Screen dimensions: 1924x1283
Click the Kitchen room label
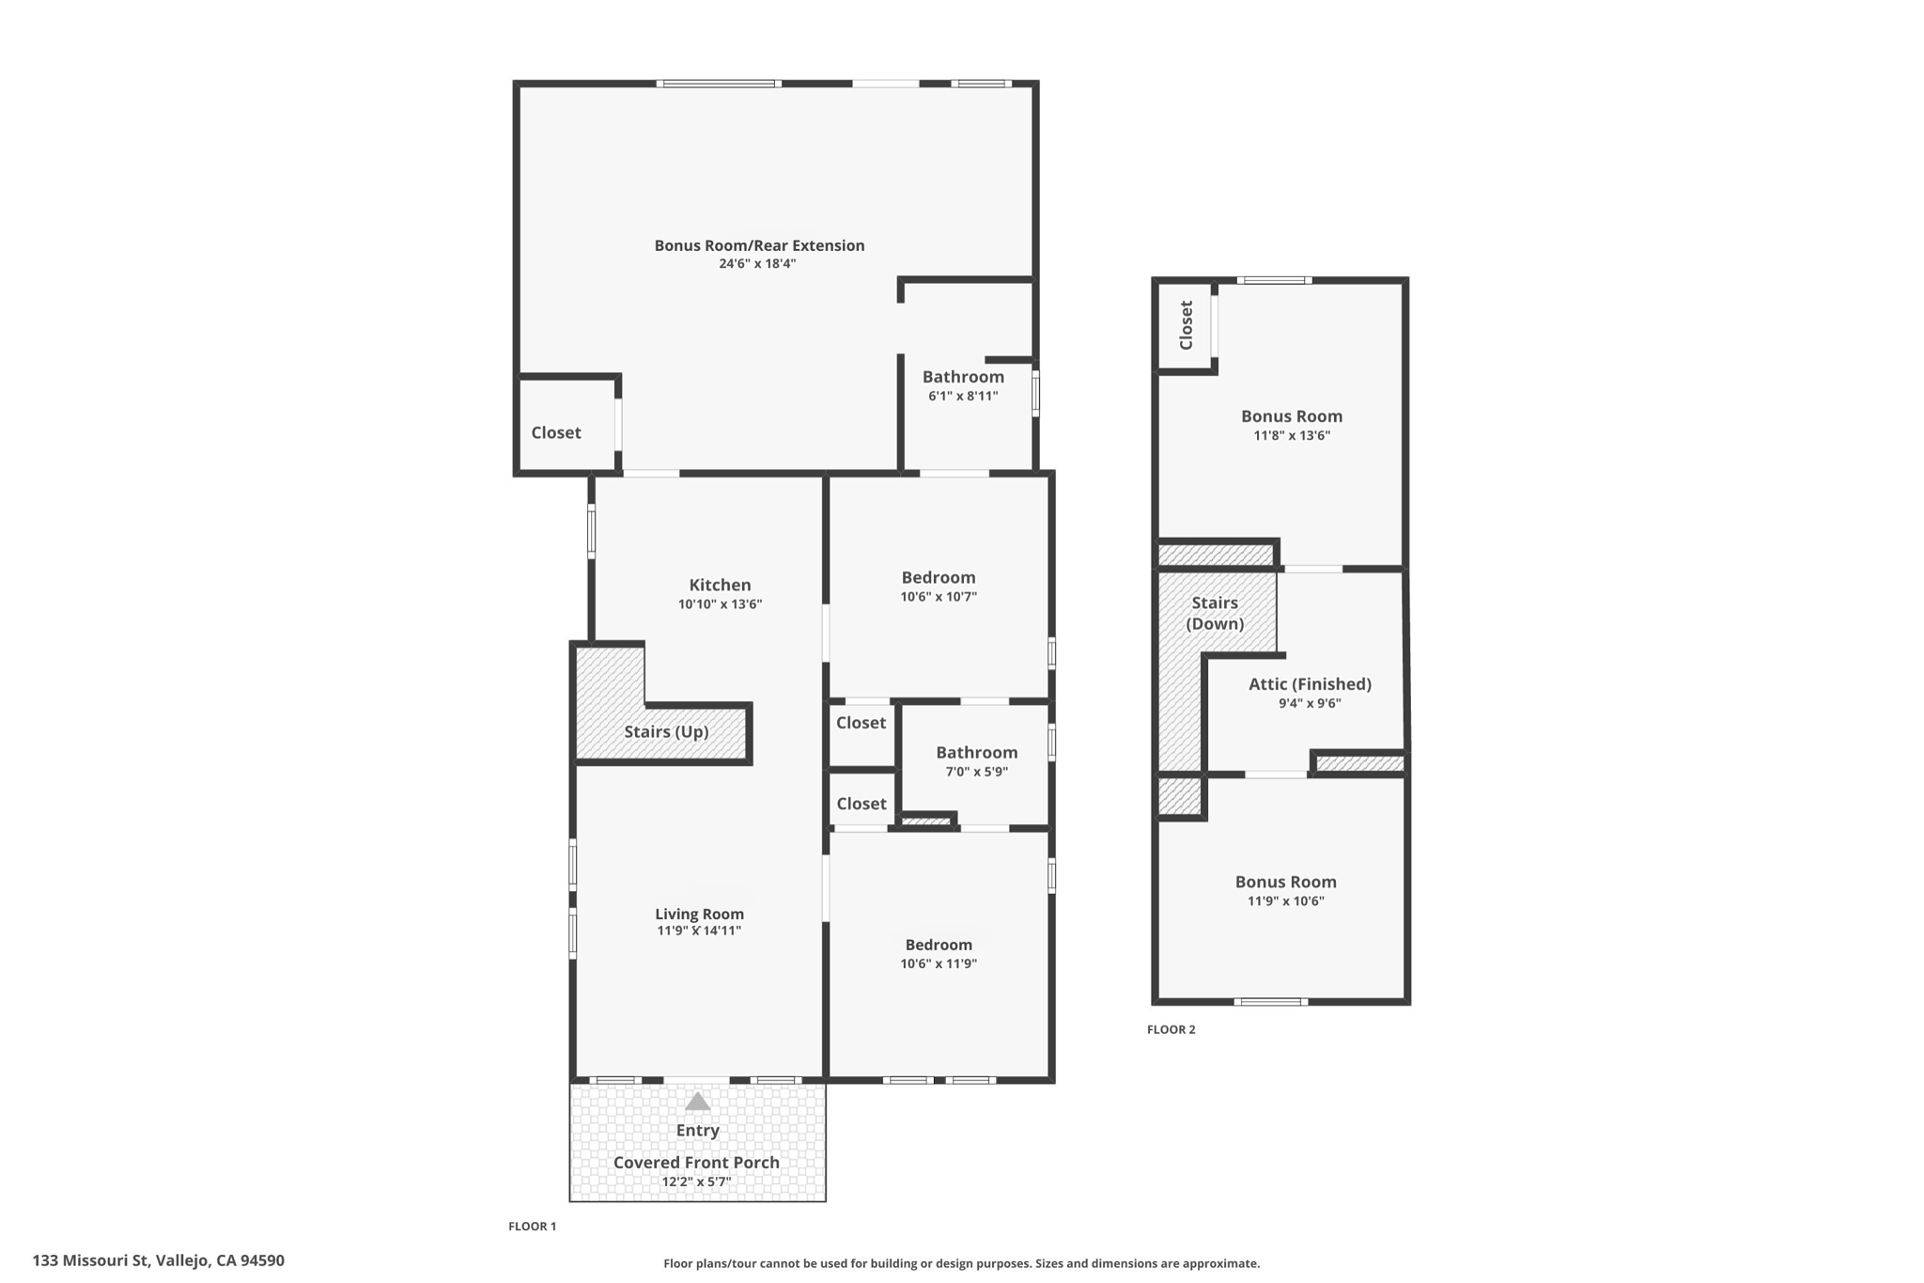(720, 585)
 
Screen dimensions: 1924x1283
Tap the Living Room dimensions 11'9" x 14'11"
(699, 931)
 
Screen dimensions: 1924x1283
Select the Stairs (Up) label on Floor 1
(666, 731)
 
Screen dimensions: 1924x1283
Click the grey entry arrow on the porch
(697, 1101)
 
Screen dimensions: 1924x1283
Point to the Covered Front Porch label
(696, 1162)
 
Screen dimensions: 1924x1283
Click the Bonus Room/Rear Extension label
(759, 245)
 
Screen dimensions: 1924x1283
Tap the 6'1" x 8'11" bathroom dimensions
(963, 396)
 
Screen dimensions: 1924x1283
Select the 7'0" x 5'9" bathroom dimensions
(976, 772)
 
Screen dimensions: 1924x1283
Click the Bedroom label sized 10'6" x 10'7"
(939, 577)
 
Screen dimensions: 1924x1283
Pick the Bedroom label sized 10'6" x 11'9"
(939, 945)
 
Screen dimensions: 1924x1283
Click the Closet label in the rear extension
(556, 432)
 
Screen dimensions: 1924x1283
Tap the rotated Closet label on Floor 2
(1186, 325)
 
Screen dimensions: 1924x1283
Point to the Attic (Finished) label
(1310, 684)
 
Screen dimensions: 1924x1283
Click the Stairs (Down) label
(1215, 613)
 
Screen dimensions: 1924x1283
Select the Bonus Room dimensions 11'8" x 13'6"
(1292, 435)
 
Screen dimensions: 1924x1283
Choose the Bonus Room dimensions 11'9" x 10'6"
(1285, 900)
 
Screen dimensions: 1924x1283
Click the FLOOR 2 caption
(1171, 1029)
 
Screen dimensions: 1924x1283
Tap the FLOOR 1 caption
(532, 1226)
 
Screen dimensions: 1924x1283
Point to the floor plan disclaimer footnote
(961, 1263)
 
